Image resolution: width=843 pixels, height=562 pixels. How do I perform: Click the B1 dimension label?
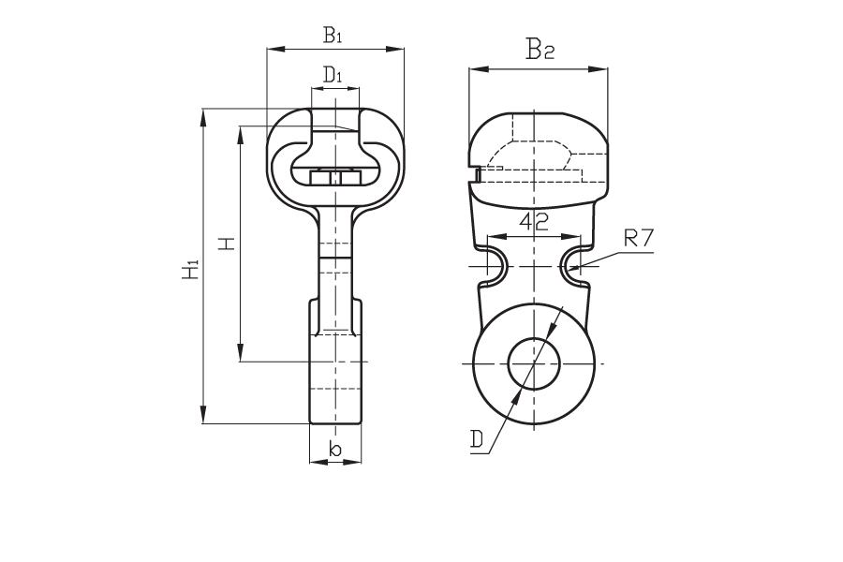pyautogui.click(x=333, y=35)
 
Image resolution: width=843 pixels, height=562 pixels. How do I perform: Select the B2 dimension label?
pyautogui.click(x=540, y=49)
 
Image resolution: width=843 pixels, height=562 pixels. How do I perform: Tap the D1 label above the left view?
pyautogui.click(x=333, y=74)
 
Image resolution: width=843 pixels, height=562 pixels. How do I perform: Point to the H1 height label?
pyautogui.click(x=190, y=270)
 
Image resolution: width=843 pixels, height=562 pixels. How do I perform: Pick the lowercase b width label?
pyautogui.click(x=335, y=449)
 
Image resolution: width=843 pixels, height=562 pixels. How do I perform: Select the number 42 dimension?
pyautogui.click(x=534, y=221)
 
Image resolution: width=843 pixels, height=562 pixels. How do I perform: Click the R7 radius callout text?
pyautogui.click(x=639, y=237)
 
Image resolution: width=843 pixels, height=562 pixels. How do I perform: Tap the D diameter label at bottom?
pyautogui.click(x=477, y=439)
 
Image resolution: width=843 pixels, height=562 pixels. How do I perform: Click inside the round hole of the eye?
pyautogui.click(x=534, y=363)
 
